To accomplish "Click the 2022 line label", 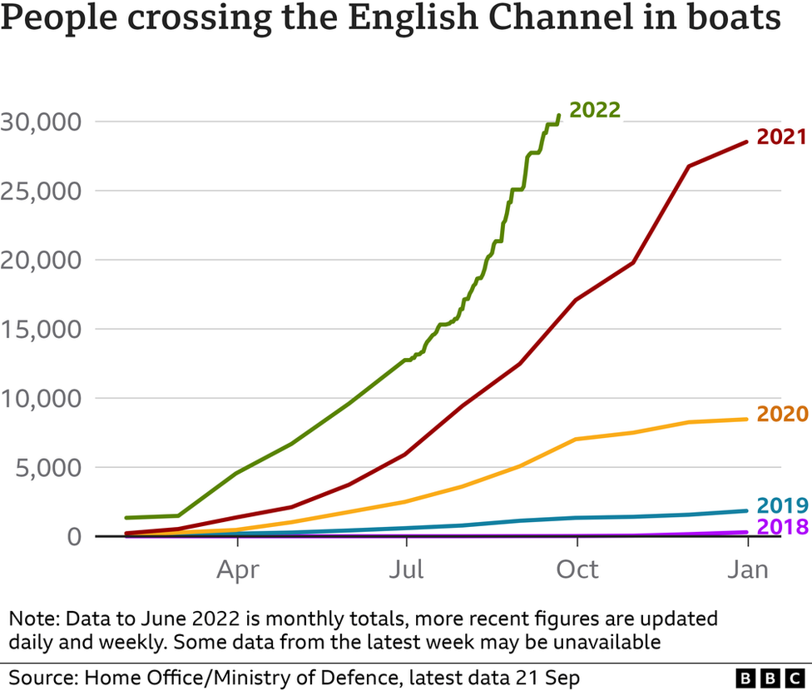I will point(594,110).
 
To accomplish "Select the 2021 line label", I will point(781,137).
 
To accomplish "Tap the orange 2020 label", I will point(781,415).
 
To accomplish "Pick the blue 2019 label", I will point(781,505).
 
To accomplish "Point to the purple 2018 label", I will point(781,527).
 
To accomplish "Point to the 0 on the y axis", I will point(74,536).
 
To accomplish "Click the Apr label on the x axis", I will point(238,569).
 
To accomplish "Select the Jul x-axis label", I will point(407,569).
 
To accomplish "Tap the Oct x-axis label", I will point(577,569).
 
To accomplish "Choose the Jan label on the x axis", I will point(747,569).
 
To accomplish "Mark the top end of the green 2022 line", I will point(558,116).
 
